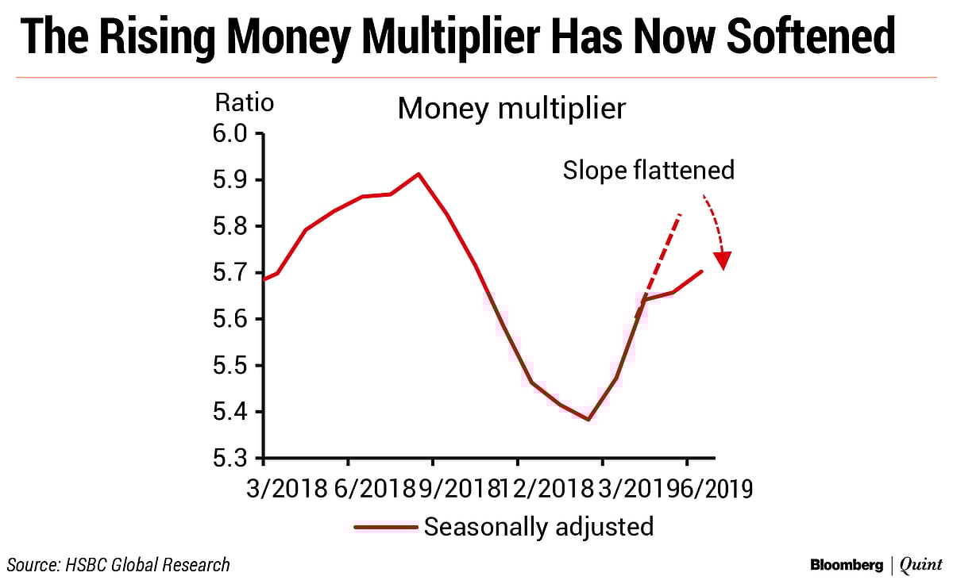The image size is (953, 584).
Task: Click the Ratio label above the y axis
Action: [245, 103]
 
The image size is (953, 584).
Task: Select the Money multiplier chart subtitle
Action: [511, 108]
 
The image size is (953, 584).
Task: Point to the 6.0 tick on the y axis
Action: [231, 134]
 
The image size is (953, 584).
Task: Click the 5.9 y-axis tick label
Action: [231, 180]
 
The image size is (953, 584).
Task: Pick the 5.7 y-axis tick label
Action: [231, 273]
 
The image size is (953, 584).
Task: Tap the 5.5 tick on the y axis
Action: [231, 366]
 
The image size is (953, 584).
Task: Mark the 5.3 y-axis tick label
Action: [231, 459]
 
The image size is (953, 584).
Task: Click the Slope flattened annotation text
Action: [648, 170]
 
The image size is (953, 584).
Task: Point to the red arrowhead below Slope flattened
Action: [723, 261]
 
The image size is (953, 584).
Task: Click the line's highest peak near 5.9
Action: [419, 174]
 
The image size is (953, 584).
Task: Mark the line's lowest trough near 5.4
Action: [588, 420]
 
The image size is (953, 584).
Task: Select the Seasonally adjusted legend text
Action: [538, 527]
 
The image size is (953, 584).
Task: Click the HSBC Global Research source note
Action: [119, 565]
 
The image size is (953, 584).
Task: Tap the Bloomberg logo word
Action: [847, 565]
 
